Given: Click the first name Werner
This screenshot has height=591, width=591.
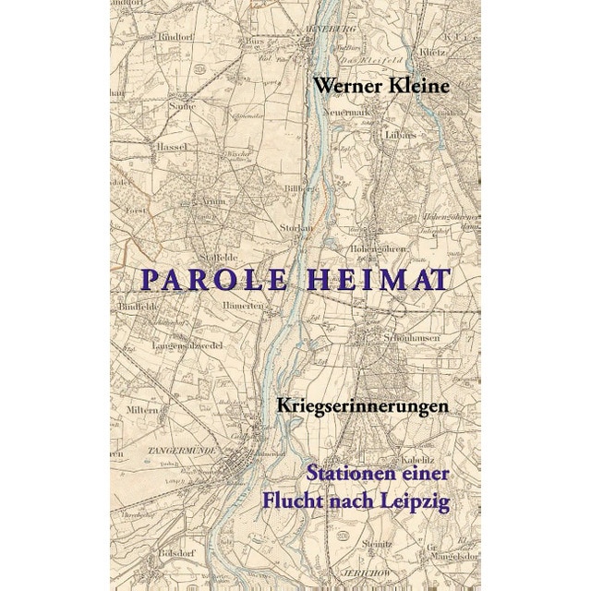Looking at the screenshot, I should point(345,85).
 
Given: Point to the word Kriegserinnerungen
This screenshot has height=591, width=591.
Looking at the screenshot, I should point(363,404).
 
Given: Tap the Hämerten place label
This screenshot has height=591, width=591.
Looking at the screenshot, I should point(244,306).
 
